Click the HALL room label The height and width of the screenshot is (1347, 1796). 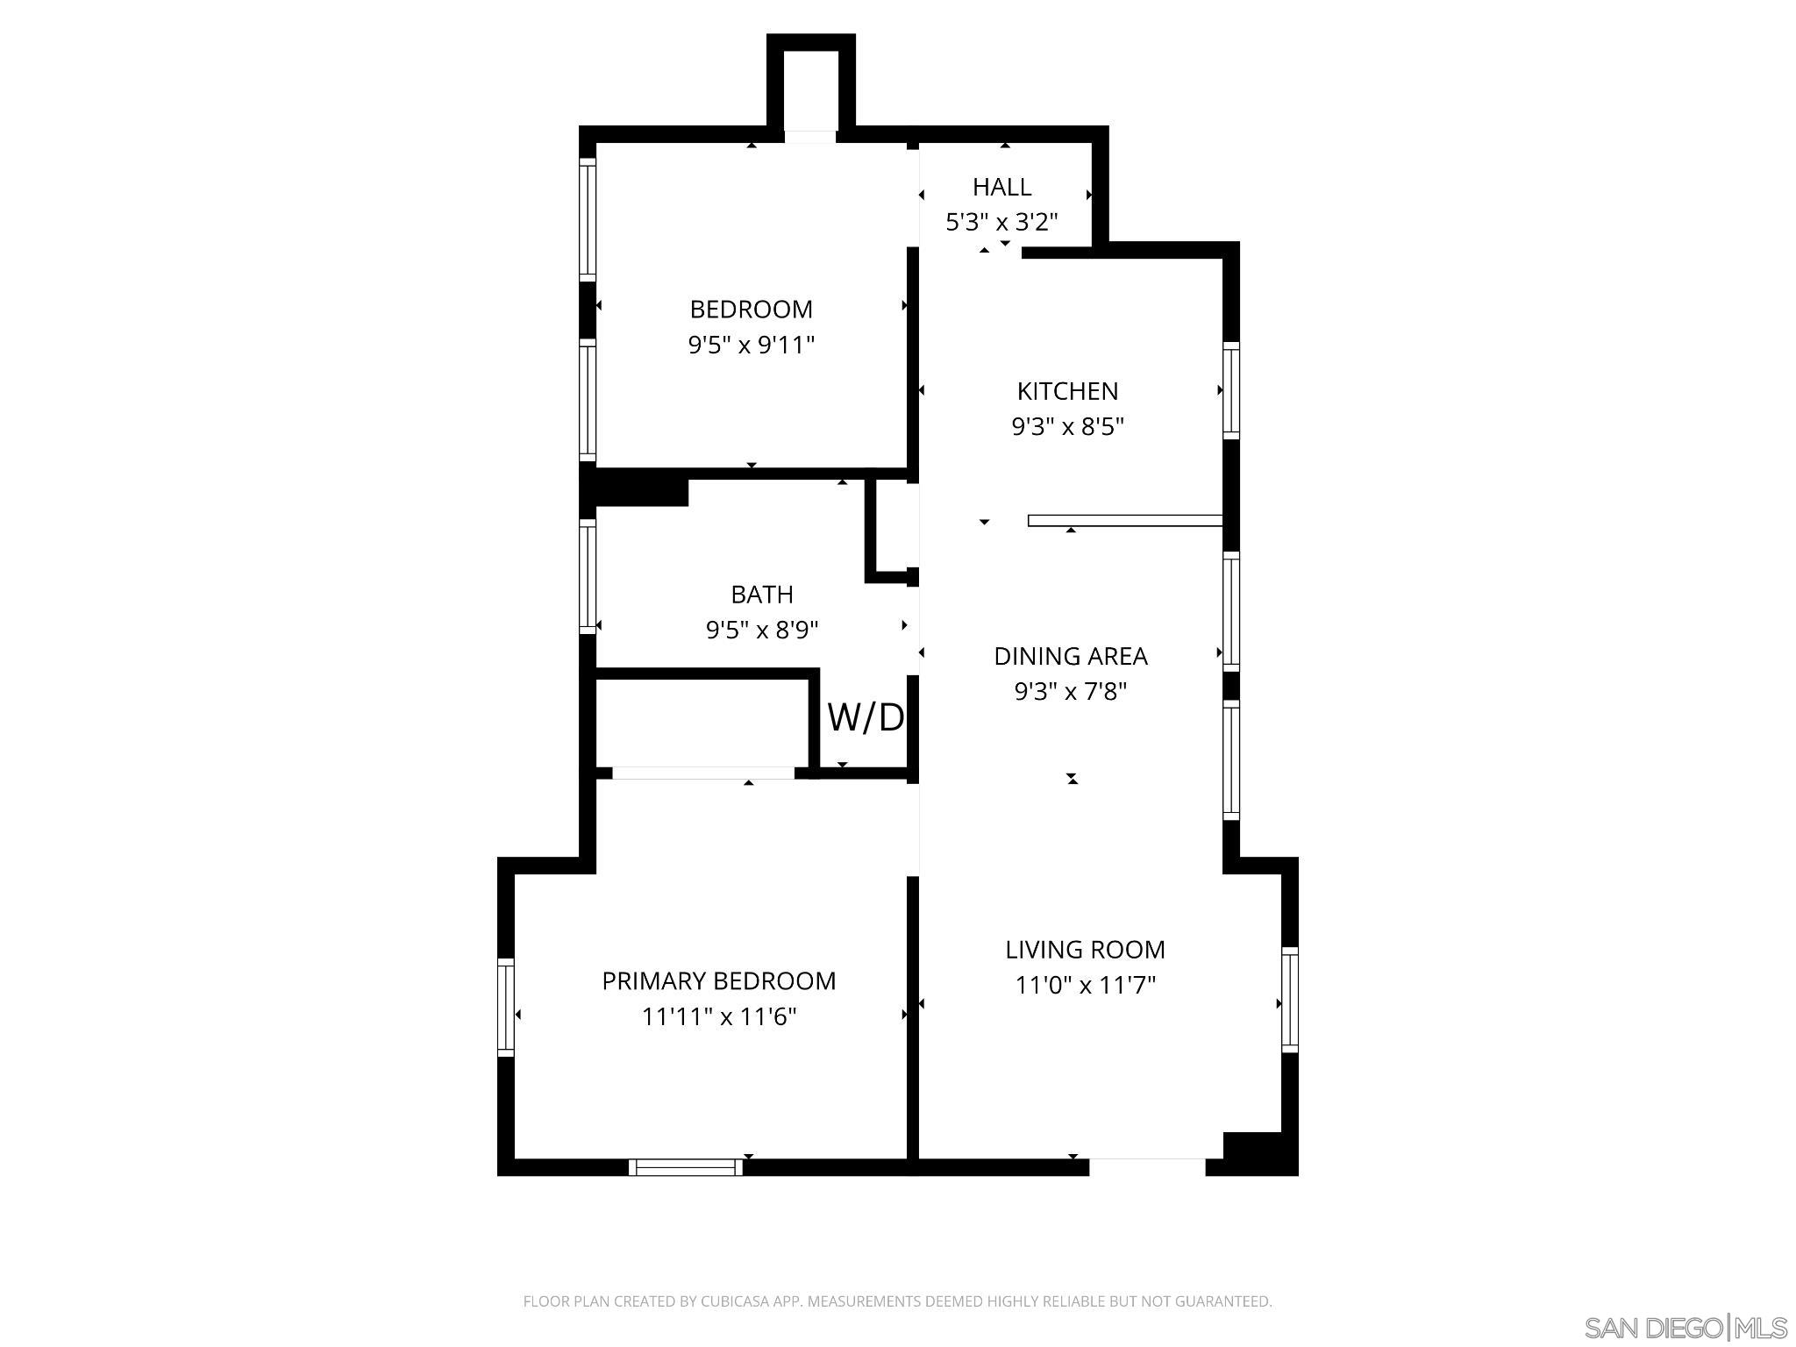[x=1001, y=187]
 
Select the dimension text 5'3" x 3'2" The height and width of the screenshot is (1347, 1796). [x=1001, y=223]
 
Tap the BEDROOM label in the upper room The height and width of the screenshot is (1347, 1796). [x=751, y=310]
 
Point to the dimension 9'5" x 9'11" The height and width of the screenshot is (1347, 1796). [x=751, y=346]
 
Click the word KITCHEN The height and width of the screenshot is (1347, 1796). [x=1067, y=391]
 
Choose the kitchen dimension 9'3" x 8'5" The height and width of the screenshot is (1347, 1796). [x=1067, y=427]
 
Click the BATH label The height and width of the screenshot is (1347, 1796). [x=762, y=595]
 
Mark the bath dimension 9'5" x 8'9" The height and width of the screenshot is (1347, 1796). [x=762, y=631]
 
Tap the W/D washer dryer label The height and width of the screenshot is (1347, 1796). [x=866, y=718]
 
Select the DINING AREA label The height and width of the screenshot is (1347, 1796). [x=1070, y=656]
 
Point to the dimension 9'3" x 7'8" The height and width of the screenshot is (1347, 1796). [x=1070, y=692]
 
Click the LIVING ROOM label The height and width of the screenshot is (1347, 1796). [x=1085, y=950]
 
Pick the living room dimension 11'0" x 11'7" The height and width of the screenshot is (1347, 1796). [x=1085, y=986]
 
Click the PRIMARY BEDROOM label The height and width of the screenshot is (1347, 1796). [x=718, y=981]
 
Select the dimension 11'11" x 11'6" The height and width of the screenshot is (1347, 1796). [x=718, y=1017]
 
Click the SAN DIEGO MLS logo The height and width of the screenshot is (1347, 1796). [x=1685, y=1328]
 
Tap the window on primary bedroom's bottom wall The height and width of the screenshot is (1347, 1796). [x=686, y=1167]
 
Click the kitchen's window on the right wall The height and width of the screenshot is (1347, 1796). [x=1231, y=391]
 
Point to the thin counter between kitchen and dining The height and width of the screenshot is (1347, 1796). [x=1124, y=521]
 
